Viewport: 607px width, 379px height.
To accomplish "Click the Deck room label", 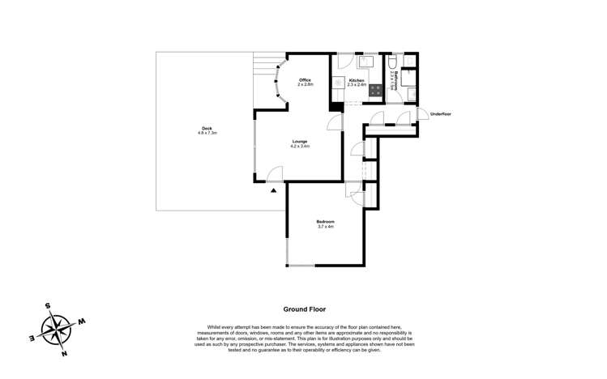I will (207, 128).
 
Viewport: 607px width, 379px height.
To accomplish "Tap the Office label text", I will (305, 80).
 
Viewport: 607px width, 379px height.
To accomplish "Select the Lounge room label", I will (300, 142).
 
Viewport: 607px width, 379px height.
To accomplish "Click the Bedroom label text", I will (325, 222).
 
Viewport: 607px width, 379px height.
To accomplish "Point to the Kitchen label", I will (357, 80).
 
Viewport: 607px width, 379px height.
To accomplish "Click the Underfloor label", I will (441, 114).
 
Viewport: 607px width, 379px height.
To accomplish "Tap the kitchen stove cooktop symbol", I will (377, 91).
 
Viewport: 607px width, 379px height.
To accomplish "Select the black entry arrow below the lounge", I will (274, 190).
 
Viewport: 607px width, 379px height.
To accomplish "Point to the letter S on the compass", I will (48, 306).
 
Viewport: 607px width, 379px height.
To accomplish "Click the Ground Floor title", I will (304, 309).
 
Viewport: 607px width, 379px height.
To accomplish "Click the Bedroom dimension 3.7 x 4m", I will (325, 227).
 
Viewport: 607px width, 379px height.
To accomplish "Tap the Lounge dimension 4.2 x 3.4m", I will (300, 147).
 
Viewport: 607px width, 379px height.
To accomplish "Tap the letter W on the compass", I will (82, 322).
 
